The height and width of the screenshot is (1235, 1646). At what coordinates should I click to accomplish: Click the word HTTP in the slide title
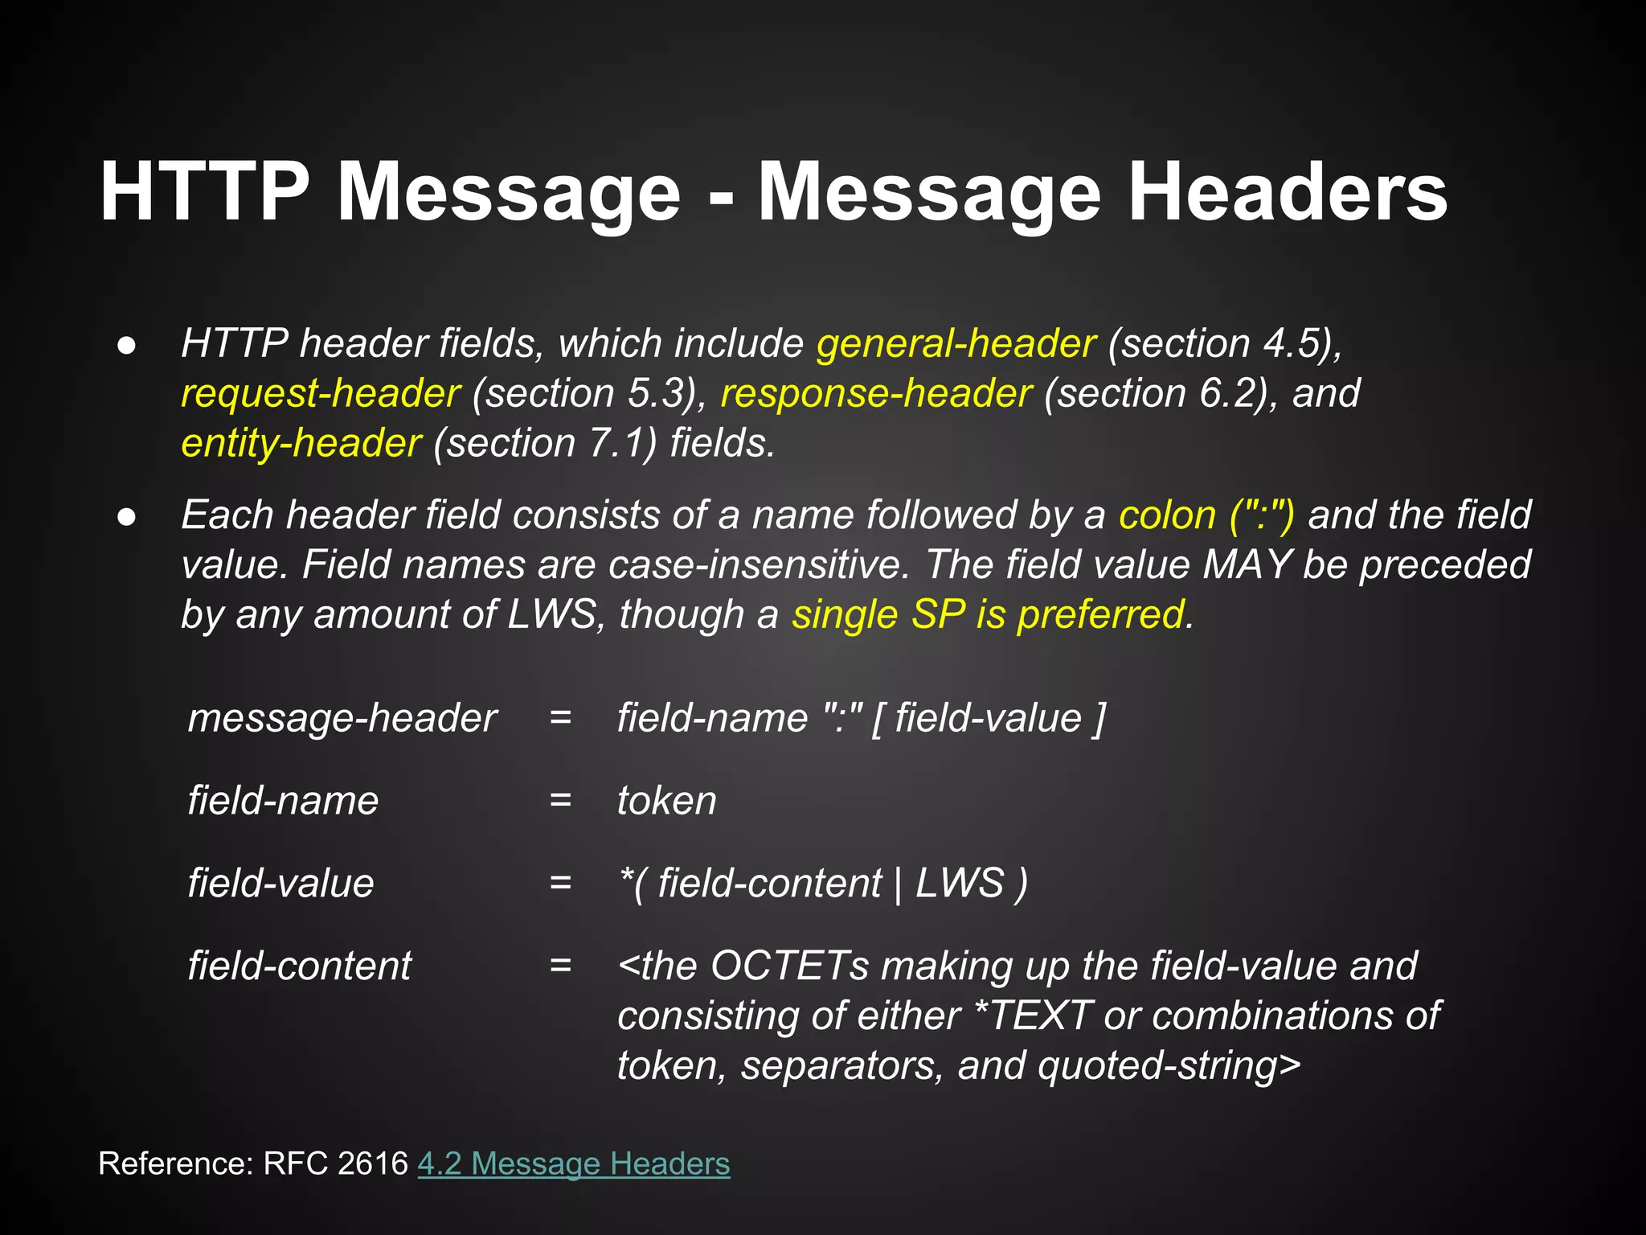(x=204, y=192)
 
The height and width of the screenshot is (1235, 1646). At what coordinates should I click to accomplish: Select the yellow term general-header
(x=956, y=343)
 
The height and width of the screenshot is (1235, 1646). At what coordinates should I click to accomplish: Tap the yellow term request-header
(x=320, y=393)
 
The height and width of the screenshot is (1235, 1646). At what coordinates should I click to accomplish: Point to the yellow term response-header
(x=875, y=393)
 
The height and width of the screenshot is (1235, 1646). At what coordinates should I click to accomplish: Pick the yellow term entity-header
(x=301, y=443)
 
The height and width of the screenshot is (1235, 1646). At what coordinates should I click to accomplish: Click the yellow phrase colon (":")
(x=1206, y=515)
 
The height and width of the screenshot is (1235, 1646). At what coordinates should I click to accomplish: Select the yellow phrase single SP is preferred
(x=992, y=614)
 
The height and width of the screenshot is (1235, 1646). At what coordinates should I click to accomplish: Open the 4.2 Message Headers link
(x=573, y=1163)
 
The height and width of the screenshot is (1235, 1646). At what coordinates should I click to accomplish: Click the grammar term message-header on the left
(x=342, y=718)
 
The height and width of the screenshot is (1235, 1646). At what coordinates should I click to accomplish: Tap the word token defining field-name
(x=666, y=801)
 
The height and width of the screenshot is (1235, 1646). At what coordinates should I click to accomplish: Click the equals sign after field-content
(x=560, y=966)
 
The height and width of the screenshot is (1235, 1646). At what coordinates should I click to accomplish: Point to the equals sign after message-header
(x=560, y=718)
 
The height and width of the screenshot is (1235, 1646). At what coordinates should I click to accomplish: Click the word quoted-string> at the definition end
(x=1169, y=1065)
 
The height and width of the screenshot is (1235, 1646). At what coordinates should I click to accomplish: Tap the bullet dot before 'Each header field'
(x=126, y=516)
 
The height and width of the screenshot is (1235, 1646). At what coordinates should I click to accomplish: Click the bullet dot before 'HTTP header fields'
(x=126, y=345)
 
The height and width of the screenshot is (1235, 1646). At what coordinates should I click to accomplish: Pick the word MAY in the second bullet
(x=1247, y=564)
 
